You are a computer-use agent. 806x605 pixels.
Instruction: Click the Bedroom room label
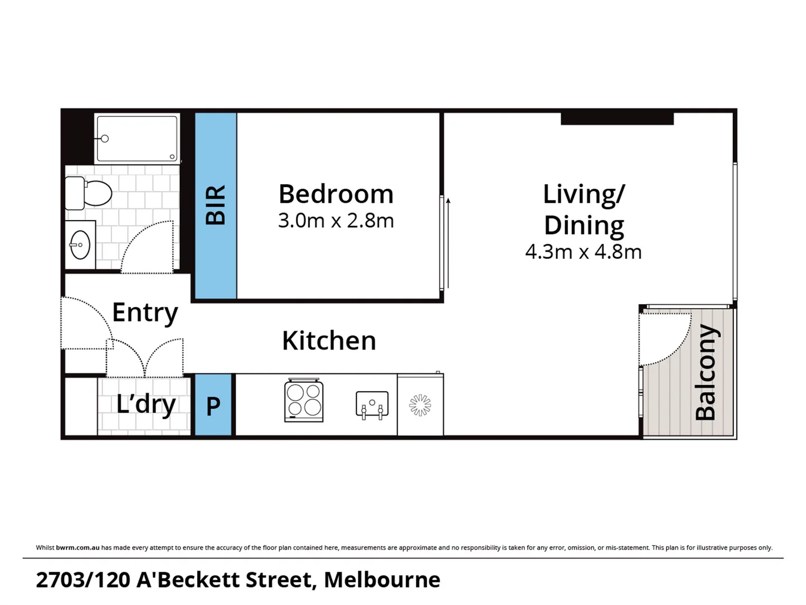coord(336,194)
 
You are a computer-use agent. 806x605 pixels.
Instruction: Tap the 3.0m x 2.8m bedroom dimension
coord(336,221)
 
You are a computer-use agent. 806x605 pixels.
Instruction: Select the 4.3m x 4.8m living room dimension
coord(583,252)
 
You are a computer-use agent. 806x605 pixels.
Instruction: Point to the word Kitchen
coord(329,341)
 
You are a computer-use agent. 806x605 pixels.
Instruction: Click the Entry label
coord(145,313)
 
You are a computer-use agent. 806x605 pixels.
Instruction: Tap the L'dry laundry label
coord(146,404)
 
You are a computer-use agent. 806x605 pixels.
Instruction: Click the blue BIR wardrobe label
coord(216,206)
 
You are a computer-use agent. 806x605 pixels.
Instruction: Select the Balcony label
coord(706,372)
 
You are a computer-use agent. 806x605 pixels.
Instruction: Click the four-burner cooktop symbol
coord(304,400)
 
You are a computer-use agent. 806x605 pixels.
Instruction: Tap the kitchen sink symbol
coord(372,404)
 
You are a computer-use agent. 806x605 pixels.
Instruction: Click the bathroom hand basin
coord(80,245)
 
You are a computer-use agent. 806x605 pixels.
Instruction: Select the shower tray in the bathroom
coord(137,138)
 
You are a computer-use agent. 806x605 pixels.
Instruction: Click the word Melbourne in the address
coord(382,580)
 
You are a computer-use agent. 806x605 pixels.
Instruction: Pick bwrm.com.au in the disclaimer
coord(77,547)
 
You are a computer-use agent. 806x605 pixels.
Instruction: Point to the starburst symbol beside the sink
coord(420,405)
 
